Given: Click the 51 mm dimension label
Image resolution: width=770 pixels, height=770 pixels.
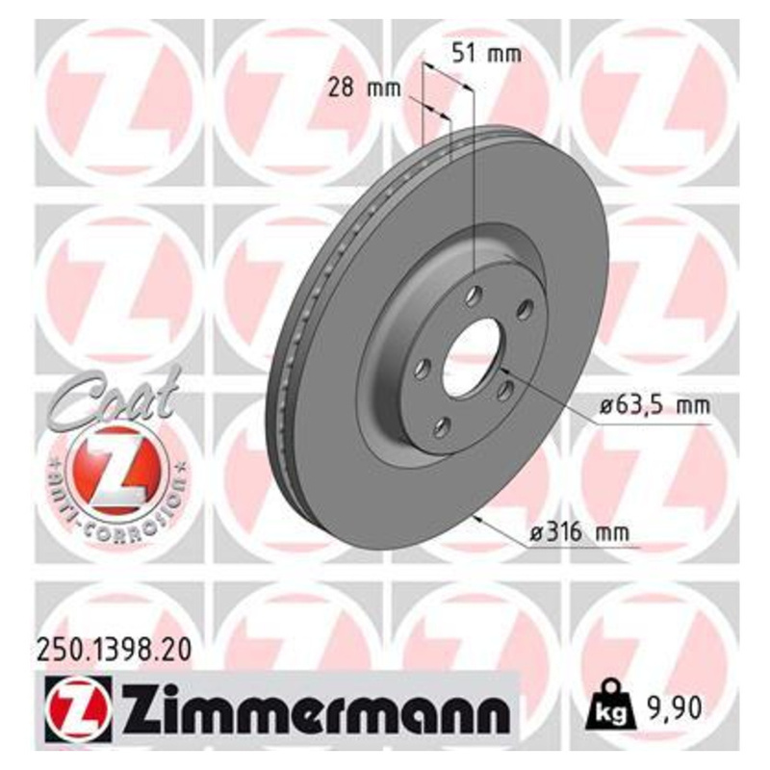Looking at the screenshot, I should pyautogui.click(x=486, y=54).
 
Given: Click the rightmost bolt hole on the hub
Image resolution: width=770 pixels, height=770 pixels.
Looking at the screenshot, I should pyautogui.click(x=525, y=309).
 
